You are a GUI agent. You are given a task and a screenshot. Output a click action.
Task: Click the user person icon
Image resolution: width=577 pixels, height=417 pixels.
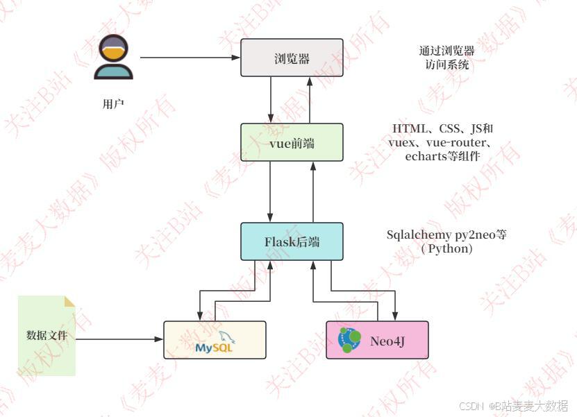pos(113,57)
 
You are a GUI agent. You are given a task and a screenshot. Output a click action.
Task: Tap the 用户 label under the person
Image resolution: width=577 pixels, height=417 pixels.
pos(113,105)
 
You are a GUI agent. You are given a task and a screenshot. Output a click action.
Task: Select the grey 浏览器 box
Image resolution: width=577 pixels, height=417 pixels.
pos(292,58)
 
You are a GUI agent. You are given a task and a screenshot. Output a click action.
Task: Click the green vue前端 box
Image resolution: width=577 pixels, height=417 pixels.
pos(292,142)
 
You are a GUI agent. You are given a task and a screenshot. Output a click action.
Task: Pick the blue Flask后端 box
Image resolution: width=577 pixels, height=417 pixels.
pos(292,241)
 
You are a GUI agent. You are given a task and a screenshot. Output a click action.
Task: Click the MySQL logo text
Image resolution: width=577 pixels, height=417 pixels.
pos(214,346)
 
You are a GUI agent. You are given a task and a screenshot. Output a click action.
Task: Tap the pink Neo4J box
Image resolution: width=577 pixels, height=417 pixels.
pos(377,340)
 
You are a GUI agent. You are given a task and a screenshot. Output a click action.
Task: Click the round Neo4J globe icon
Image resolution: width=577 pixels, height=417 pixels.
pos(351,339)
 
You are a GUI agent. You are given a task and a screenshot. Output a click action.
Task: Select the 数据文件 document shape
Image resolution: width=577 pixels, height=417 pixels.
pos(47,336)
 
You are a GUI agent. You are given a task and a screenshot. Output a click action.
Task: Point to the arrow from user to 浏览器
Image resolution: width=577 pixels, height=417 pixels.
pos(187,58)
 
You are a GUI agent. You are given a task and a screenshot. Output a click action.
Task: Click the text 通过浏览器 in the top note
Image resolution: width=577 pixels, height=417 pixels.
pos(446,51)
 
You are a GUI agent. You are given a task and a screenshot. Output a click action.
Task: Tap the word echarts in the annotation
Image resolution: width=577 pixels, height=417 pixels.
pos(424,157)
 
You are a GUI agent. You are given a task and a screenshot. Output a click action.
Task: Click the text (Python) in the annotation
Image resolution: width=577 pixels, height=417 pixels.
pos(446,248)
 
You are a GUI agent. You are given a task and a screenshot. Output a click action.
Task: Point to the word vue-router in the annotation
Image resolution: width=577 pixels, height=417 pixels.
pos(455,143)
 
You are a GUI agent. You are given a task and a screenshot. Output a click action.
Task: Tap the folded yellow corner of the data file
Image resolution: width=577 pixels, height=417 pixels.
pos(69,301)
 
